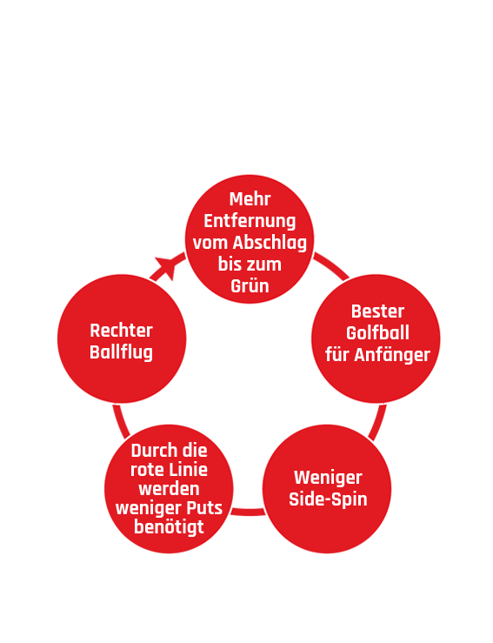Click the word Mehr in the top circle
(x=250, y=199)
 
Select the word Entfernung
(x=250, y=222)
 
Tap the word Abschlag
(x=270, y=243)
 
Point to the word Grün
(x=250, y=285)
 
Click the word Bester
(x=377, y=311)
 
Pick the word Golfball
(x=377, y=333)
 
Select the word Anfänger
(x=392, y=355)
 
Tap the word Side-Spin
(x=328, y=499)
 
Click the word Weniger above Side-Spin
(x=328, y=478)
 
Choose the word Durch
(x=151, y=451)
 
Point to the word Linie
(x=190, y=470)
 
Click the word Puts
(x=204, y=508)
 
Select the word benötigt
(x=169, y=527)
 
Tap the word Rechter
(x=122, y=331)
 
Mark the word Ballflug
(x=122, y=352)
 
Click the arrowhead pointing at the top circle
(x=167, y=266)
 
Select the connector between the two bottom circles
(x=248, y=512)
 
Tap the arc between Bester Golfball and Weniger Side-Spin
(x=378, y=423)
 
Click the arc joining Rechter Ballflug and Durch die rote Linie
(x=120, y=421)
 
